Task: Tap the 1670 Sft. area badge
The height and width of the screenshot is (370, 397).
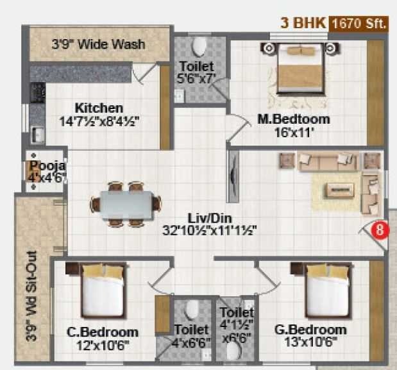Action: point(359,24)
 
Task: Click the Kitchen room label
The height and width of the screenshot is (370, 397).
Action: point(99,108)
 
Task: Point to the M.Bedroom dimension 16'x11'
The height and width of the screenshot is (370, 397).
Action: point(294,133)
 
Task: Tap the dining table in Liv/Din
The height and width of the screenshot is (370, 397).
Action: point(126,205)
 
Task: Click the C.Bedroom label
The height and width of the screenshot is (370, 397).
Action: point(103,332)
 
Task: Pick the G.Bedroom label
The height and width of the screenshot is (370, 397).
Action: point(310,330)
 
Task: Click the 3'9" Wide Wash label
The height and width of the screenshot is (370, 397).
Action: point(97,45)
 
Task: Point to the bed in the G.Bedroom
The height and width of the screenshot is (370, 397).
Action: point(327,289)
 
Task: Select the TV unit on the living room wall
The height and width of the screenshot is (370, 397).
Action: point(232,178)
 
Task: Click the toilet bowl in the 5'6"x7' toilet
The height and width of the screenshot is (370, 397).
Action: point(199,46)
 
